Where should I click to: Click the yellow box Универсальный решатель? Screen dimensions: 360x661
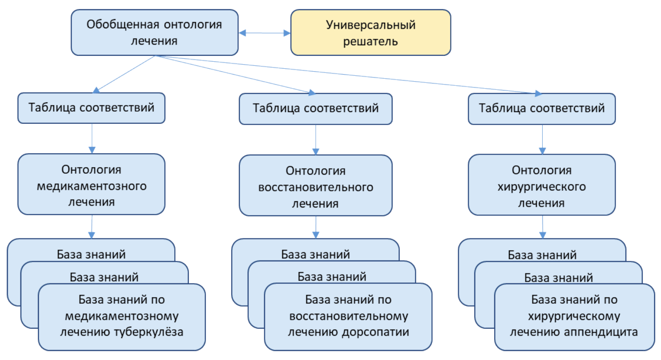click(x=371, y=32)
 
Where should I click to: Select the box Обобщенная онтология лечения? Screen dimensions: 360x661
click(x=154, y=32)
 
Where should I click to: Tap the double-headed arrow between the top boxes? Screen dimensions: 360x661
click(x=265, y=33)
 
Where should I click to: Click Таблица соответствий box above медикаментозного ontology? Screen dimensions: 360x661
click(x=91, y=108)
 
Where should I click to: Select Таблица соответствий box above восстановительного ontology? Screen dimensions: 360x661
click(x=315, y=108)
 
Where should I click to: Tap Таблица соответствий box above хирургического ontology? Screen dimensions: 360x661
click(x=541, y=108)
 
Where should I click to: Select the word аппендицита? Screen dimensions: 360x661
click(x=600, y=332)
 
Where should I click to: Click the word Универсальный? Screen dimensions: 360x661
click(x=371, y=25)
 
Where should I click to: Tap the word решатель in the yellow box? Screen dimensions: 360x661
click(x=371, y=41)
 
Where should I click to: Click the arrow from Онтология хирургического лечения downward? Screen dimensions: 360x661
click(x=542, y=227)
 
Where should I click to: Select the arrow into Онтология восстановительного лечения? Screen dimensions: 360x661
click(x=315, y=140)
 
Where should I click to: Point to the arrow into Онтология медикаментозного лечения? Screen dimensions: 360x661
click(x=92, y=139)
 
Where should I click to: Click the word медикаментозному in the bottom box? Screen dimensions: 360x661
click(x=122, y=316)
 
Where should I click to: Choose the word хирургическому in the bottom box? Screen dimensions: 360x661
click(x=574, y=316)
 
